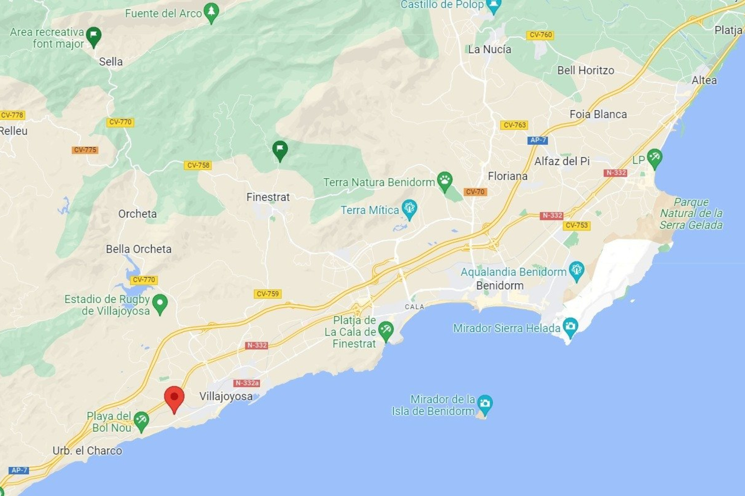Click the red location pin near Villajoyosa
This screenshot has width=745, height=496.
point(174,398)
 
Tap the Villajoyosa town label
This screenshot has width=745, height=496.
point(226,396)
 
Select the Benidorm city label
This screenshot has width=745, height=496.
point(500,286)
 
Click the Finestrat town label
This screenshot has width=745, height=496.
point(268,197)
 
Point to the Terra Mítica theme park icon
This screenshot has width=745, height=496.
point(409,208)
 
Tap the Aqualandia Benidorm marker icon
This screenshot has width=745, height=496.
point(576,270)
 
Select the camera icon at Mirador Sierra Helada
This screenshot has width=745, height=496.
point(570,326)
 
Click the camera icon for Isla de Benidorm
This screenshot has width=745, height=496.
point(485,404)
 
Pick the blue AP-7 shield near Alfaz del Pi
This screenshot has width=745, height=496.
point(538,140)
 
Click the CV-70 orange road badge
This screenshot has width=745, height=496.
point(475,192)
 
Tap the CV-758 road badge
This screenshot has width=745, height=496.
point(198,165)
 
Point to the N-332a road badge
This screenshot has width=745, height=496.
point(247,383)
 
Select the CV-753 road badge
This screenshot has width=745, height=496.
point(577,226)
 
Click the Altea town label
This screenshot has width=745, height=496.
point(704,81)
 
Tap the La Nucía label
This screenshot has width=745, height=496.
point(489,50)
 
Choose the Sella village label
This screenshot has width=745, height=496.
point(111,62)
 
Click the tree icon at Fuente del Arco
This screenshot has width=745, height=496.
point(211,12)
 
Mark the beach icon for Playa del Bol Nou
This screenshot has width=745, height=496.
point(141,420)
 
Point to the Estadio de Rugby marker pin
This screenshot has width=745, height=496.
point(160,303)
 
